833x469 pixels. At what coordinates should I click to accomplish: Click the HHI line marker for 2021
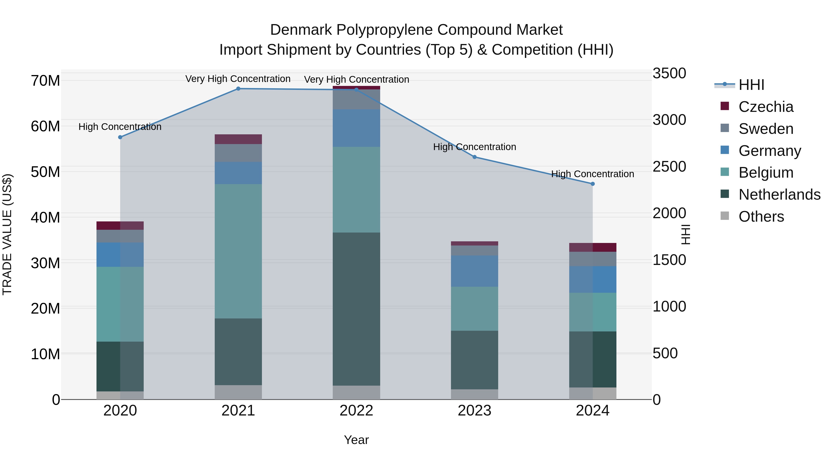pyautogui.click(x=238, y=89)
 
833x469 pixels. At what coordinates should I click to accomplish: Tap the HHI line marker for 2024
pyautogui.click(x=592, y=184)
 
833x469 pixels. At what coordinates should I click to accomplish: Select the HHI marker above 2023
pyautogui.click(x=474, y=157)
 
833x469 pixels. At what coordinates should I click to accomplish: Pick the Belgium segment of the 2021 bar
pyautogui.click(x=238, y=251)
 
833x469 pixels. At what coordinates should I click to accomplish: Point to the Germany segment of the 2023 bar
pyautogui.click(x=474, y=271)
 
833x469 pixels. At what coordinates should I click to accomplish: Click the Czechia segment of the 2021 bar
pyautogui.click(x=238, y=139)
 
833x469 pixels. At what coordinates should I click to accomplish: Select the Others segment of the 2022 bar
pyautogui.click(x=356, y=392)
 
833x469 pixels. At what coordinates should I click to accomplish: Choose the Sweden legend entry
pyautogui.click(x=766, y=129)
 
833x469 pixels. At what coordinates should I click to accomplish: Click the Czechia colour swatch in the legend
pyautogui.click(x=725, y=106)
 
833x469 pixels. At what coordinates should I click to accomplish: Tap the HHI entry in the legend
pyautogui.click(x=751, y=85)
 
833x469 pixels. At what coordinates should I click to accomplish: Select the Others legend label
pyautogui.click(x=761, y=217)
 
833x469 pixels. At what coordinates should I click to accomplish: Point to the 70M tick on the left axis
pyautogui.click(x=45, y=81)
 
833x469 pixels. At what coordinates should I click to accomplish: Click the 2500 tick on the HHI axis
pyautogui.click(x=669, y=167)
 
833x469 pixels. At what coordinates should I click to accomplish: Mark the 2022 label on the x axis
pyautogui.click(x=356, y=411)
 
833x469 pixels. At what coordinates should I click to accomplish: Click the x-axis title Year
pyautogui.click(x=356, y=440)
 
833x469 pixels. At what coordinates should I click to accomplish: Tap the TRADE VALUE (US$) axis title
pyautogui.click(x=7, y=234)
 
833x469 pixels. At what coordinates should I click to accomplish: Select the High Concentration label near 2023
pyautogui.click(x=474, y=147)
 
